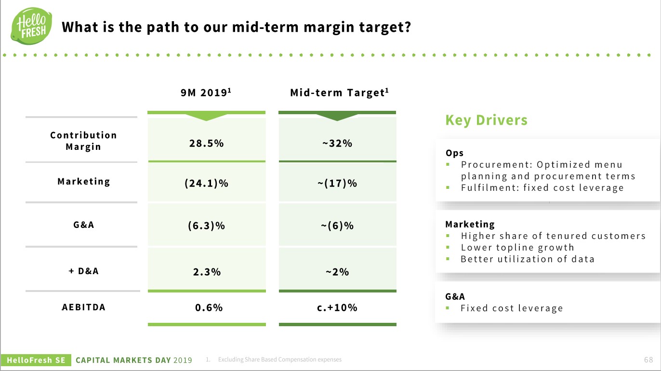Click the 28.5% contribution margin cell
click(x=206, y=143)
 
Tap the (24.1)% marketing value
click(x=206, y=184)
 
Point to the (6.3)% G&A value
click(x=206, y=225)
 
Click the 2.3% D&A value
click(x=206, y=272)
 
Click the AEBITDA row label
click(x=83, y=307)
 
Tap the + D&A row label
click(x=83, y=271)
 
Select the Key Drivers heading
click(x=486, y=120)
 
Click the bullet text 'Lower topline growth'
click(x=517, y=248)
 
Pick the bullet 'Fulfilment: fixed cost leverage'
click(x=542, y=188)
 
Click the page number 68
click(x=648, y=360)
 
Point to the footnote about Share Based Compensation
click(x=279, y=360)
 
